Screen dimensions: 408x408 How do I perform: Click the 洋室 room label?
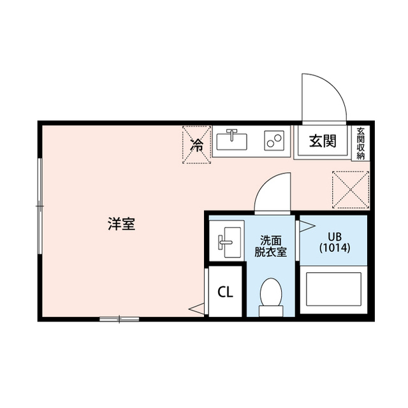pos(121,224)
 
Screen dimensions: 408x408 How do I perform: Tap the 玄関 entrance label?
pos(323,142)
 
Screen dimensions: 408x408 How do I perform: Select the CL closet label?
pos(225,293)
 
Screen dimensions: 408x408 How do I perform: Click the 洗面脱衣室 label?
pos(270,246)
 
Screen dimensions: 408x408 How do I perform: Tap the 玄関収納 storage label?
pos(361,143)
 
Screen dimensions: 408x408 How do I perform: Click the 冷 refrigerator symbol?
pos(198,145)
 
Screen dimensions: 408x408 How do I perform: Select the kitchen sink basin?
pos(231,140)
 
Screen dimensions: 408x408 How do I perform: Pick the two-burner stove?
pos(275,140)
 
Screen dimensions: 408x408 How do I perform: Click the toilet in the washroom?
pos(271,297)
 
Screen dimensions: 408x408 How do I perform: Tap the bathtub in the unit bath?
pos(333,291)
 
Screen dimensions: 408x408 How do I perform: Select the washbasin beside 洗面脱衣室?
pos(226,241)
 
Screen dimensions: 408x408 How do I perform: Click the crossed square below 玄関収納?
pos(349,189)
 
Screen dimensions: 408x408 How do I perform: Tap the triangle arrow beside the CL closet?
pos(197,310)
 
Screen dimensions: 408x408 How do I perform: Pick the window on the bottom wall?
pos(119,318)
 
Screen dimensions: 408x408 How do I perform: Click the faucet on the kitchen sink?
pos(231,135)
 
